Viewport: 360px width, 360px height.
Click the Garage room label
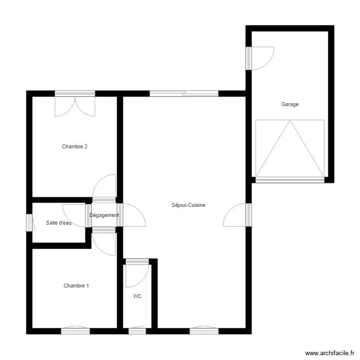click(290, 104)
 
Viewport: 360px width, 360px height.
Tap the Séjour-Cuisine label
click(188, 205)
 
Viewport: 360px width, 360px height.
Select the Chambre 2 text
click(74, 147)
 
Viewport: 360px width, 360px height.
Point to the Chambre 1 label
click(76, 286)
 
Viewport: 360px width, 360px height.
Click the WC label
click(137, 297)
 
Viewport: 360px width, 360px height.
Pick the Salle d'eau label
click(59, 223)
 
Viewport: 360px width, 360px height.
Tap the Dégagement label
click(104, 216)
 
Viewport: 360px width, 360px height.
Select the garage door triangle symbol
click(289, 149)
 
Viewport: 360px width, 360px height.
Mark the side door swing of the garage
click(262, 58)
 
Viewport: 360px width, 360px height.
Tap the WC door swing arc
click(137, 276)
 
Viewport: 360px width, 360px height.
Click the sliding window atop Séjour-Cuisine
click(184, 94)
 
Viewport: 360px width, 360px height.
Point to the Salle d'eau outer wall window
click(29, 222)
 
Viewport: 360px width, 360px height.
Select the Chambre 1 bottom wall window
click(75, 330)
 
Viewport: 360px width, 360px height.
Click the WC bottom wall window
click(137, 331)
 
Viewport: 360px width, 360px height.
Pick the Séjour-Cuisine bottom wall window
click(204, 330)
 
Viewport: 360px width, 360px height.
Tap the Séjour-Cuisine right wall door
click(236, 215)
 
